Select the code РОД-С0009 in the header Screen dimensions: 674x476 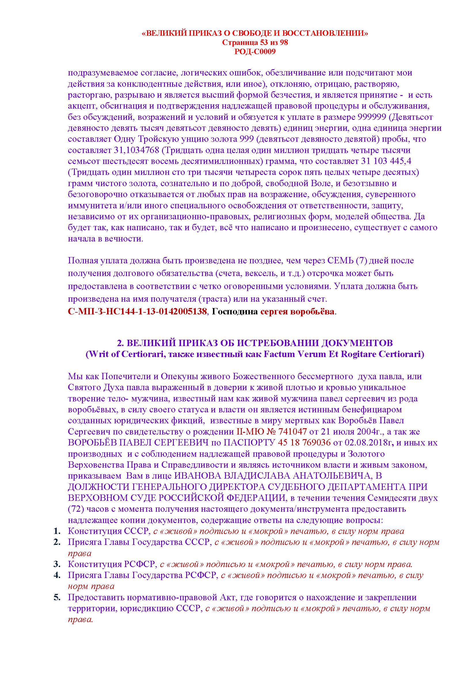255,52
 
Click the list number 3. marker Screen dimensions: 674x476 57,564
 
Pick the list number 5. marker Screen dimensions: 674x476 57,597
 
